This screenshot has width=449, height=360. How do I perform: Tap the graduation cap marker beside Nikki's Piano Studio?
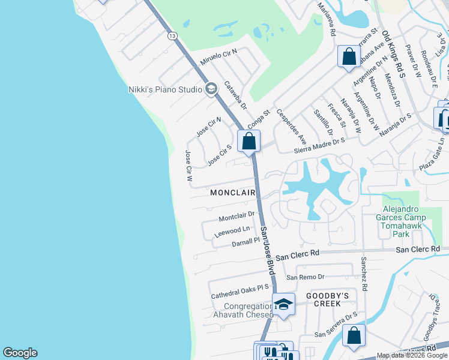point(211,89)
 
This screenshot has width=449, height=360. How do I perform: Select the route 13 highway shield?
point(173,36)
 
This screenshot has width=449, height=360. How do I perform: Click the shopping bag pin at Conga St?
point(249,142)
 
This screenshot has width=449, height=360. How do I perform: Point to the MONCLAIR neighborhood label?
point(233,193)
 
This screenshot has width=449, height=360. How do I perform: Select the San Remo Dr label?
point(305,277)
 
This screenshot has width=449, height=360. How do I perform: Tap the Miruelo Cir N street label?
point(219,58)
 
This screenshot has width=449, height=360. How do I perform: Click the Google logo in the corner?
point(20,353)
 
